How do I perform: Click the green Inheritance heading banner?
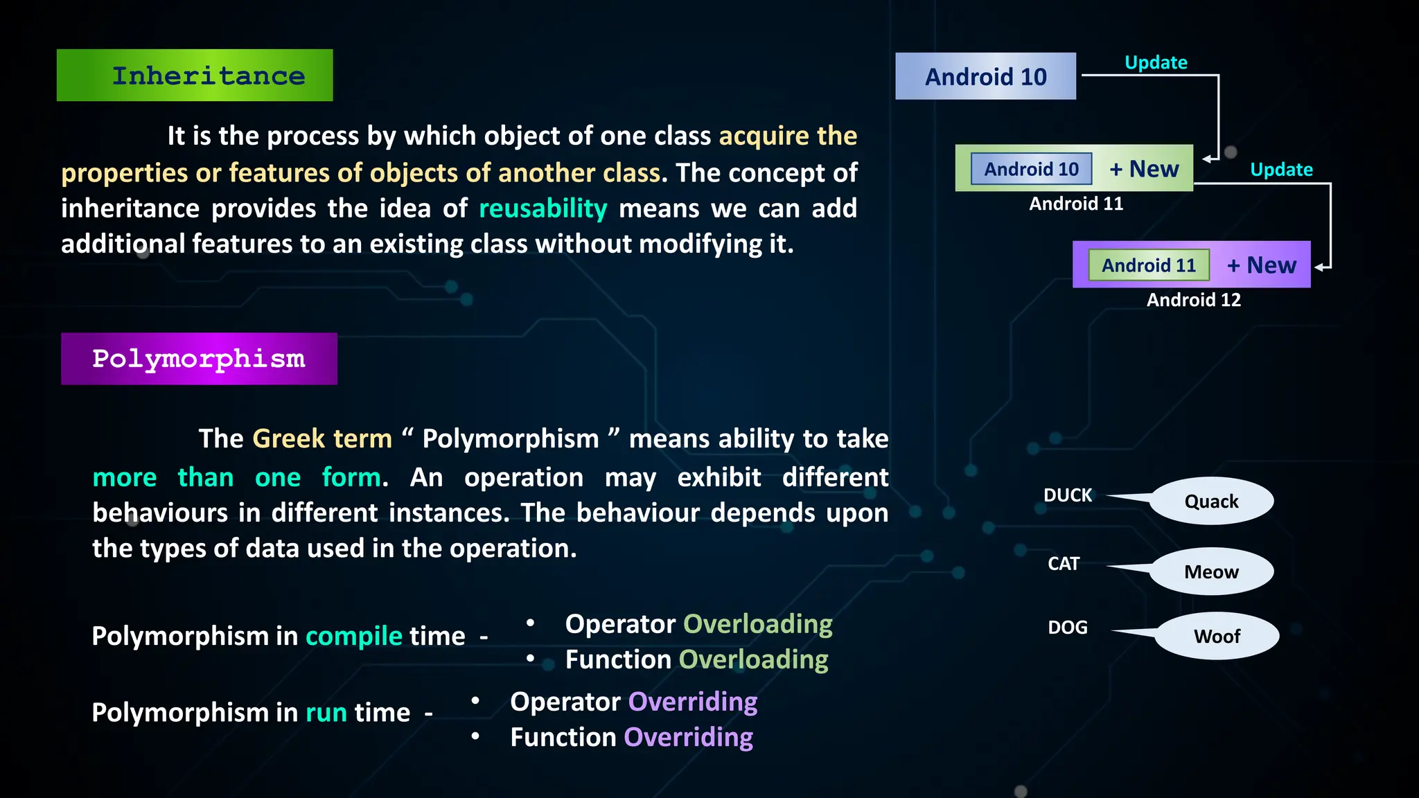coord(195,76)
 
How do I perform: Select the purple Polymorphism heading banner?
coord(199,359)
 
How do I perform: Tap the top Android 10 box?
coord(985,76)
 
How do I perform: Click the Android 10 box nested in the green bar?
coord(1031,169)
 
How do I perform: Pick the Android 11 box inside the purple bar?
coord(1149,265)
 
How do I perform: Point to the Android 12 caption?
coord(1193,300)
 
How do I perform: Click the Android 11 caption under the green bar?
coord(1076,204)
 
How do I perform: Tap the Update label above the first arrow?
coord(1156,62)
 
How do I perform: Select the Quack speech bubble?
coord(1211,501)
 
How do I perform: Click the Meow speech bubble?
coord(1211,571)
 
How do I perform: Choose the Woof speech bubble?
coord(1217,636)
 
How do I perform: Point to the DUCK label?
coord(1068,495)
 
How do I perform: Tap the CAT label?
coord(1064,564)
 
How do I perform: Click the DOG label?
coord(1068,628)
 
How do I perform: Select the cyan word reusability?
coord(543,209)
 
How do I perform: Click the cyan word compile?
coord(354,636)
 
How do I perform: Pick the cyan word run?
coord(326,713)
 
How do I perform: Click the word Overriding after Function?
coord(689,737)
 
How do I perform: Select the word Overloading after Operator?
coord(758,624)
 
